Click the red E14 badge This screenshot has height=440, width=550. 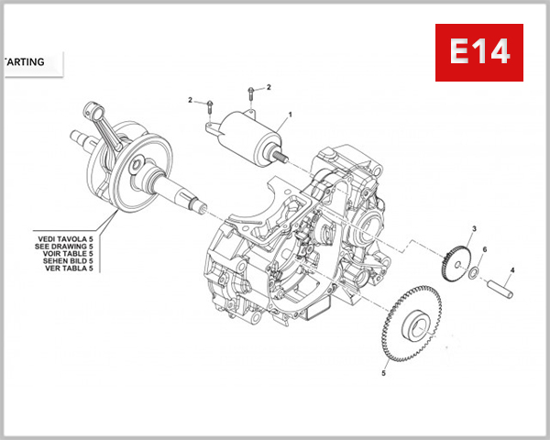479,53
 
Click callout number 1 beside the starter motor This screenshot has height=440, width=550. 290,115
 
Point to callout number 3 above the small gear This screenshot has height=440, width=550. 473,228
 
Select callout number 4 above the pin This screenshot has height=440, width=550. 512,269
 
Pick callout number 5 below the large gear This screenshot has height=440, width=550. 384,373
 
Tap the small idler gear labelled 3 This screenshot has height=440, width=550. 456,258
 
